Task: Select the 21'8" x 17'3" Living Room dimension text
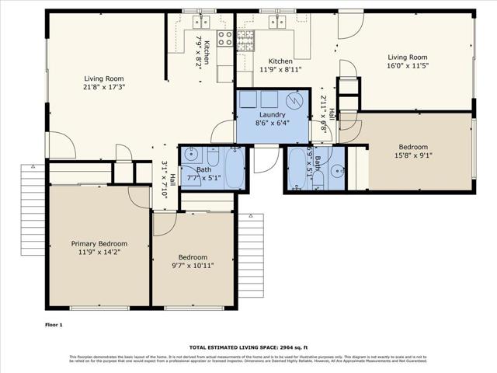pos(104,88)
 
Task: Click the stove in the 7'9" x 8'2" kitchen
pos(225,37)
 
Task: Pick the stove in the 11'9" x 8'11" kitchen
pos(245,37)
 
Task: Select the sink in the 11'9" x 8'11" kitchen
pos(276,22)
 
